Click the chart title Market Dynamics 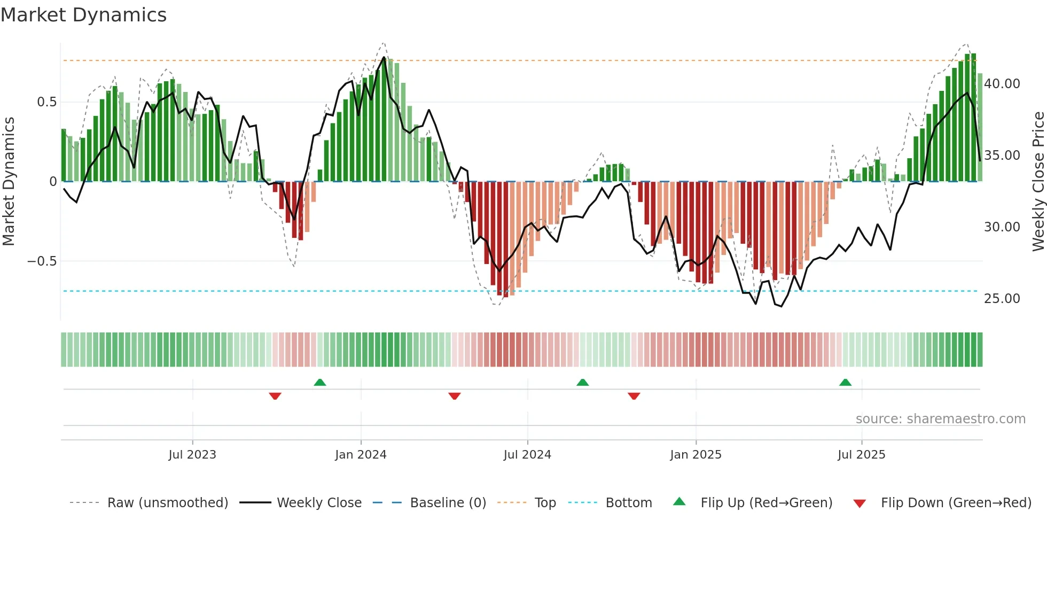pos(83,15)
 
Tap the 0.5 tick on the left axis pos(46,102)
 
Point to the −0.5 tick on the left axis pos(42,261)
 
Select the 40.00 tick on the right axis pos(1002,84)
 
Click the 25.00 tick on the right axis pos(1002,299)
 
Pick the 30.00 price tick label pos(1002,227)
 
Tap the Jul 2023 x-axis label pos(192,455)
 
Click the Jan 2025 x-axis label pos(696,455)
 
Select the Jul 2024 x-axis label pos(527,455)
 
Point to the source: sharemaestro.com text pos(940,419)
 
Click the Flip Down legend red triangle pos(860,503)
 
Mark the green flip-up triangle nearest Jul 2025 pos(845,383)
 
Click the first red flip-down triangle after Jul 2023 pos(275,396)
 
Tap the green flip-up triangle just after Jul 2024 pos(583,383)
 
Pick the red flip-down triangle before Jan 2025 pos(634,396)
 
